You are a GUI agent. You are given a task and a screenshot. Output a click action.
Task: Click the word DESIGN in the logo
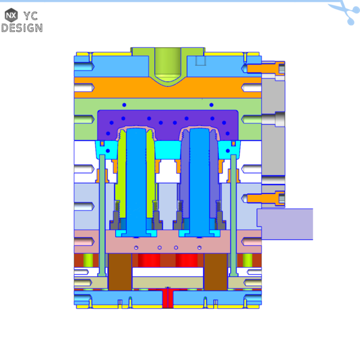(22, 27)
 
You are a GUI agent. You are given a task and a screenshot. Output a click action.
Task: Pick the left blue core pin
(136, 180)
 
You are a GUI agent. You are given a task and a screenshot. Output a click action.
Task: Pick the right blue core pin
(199, 180)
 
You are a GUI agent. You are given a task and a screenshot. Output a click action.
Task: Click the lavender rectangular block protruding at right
(285, 224)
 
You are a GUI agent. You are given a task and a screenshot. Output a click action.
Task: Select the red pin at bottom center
(168, 298)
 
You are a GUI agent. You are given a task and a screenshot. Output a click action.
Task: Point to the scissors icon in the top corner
(344, 10)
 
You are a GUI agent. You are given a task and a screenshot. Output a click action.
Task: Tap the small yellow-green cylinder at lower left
(88, 260)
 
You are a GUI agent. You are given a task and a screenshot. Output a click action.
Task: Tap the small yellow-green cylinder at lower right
(248, 260)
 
